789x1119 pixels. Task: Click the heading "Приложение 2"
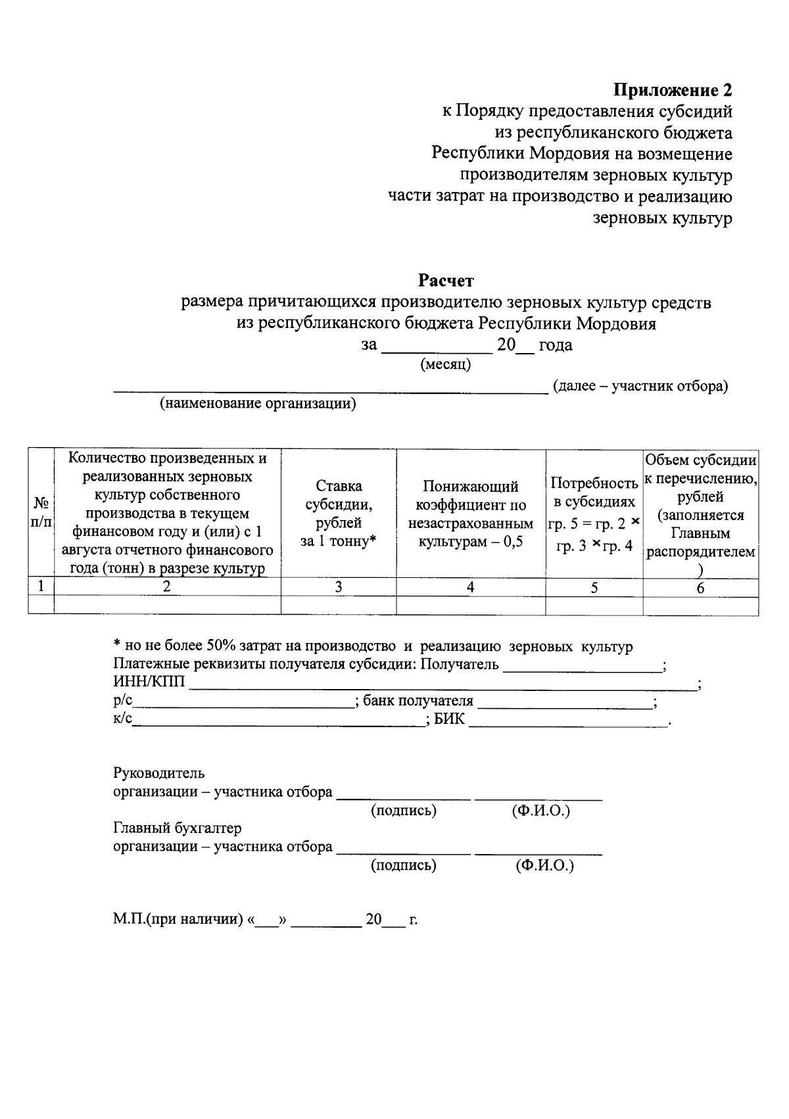pos(673,89)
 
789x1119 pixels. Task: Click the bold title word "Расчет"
pos(446,281)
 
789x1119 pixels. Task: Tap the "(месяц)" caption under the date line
pos(445,364)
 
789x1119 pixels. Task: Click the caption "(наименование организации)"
pos(258,404)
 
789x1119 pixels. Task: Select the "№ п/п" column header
pos(41,513)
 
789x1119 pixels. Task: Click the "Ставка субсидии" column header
pos(339,513)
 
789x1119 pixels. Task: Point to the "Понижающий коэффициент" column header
pos(470,514)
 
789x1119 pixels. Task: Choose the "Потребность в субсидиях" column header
pos(594,514)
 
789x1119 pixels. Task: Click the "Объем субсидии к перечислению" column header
pos(700,514)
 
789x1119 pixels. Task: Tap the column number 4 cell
pos(470,588)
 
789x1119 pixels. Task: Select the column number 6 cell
pos(700,588)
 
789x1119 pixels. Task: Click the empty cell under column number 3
pos(339,606)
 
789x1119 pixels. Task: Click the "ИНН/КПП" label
pos(149,682)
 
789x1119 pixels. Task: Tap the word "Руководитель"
pos(158,773)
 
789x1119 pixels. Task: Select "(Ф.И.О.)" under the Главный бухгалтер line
pos(544,866)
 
